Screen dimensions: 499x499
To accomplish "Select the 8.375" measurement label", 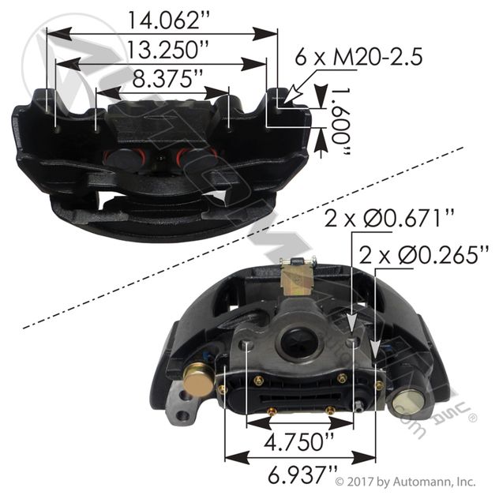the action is [x=167, y=78].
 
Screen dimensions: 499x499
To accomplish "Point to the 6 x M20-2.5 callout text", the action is [x=358, y=57].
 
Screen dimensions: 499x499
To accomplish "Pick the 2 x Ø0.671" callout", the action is [x=388, y=218].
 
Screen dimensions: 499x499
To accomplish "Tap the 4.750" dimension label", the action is [x=299, y=441].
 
